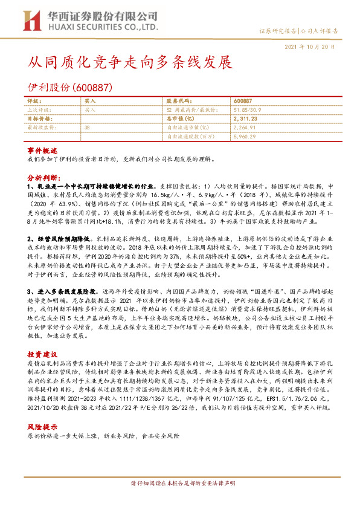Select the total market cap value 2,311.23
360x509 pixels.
pos(245,119)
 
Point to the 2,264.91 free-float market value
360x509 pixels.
pos(243,128)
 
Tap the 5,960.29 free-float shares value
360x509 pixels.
pos(243,137)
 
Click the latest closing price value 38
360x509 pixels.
pos(88,128)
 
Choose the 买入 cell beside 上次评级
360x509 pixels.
pos(90,110)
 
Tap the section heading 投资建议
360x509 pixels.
pos(42,337)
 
